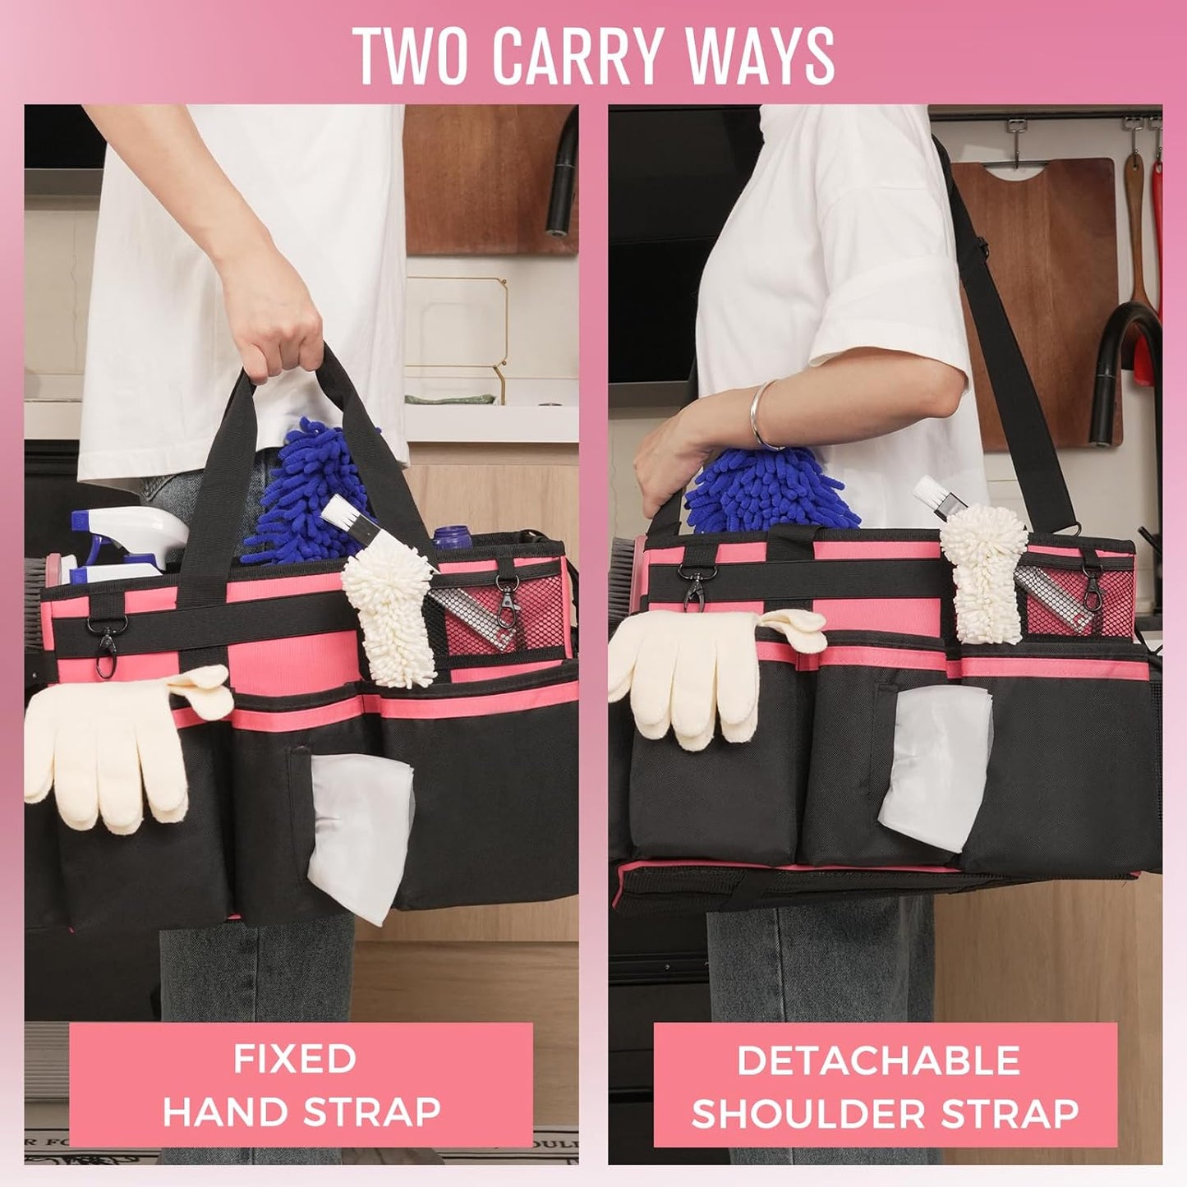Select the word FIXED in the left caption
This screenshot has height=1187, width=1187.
[295, 1058]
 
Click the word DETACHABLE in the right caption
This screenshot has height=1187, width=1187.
[878, 1060]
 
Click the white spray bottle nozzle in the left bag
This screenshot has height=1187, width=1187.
[131, 530]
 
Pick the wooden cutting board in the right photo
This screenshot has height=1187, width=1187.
[1035, 246]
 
